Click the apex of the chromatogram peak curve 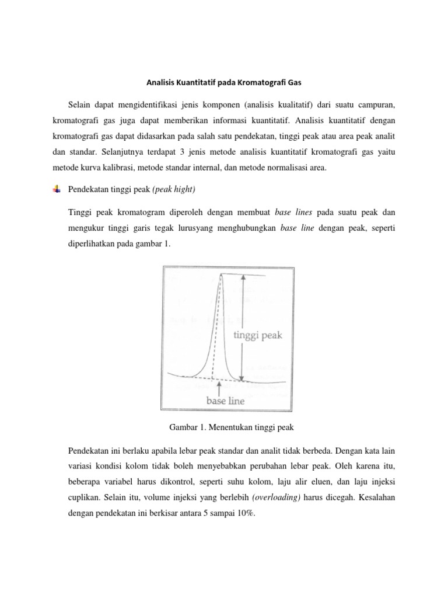coord(220,275)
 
